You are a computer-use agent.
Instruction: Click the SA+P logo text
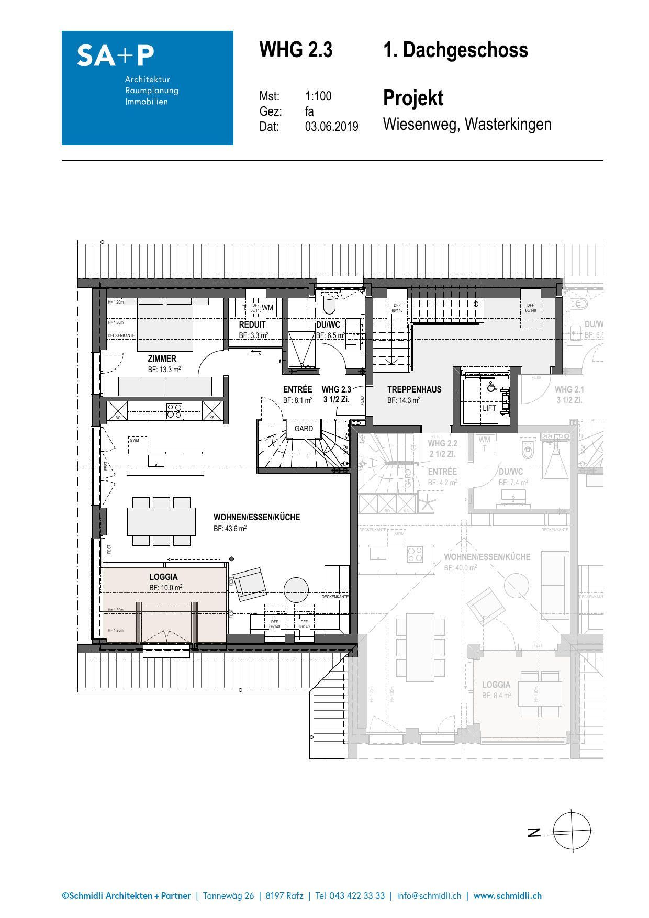[x=116, y=55]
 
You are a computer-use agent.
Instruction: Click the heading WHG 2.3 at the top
[x=296, y=50]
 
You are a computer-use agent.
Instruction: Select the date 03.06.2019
[x=331, y=127]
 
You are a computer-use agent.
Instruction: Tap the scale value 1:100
[x=318, y=96]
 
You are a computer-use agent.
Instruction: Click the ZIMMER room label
[x=162, y=359]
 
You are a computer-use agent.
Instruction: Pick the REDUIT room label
[x=252, y=324]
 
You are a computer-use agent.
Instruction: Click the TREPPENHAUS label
[x=414, y=389]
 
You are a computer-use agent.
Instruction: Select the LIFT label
[x=489, y=408]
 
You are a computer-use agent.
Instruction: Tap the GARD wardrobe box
[x=304, y=428]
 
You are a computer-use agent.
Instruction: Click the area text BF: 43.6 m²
[x=230, y=529]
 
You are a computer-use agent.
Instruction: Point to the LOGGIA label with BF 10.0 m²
[x=163, y=577]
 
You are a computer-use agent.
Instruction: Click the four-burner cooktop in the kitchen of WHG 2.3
[x=174, y=410]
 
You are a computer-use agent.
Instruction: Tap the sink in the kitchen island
[x=156, y=461]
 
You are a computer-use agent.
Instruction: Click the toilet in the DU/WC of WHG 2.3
[x=330, y=304]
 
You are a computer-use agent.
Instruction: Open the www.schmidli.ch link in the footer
[x=507, y=895]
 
